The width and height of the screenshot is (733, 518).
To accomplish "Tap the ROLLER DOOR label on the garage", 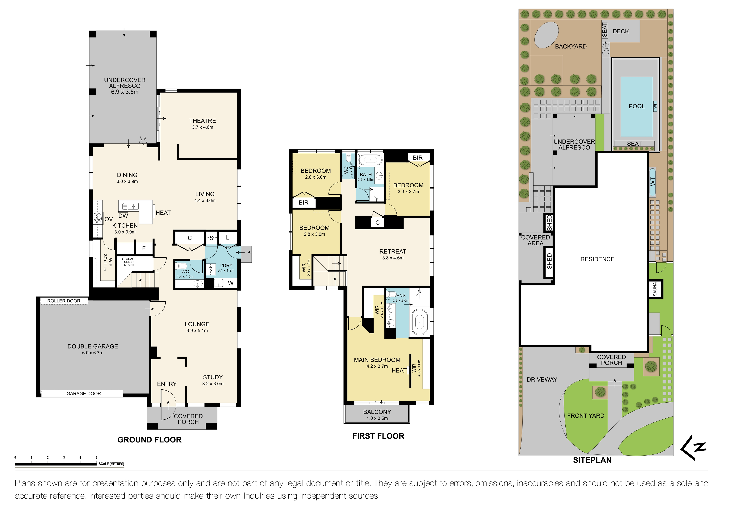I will tap(64, 301).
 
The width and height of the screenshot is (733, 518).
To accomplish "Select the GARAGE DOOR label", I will tap(84, 394).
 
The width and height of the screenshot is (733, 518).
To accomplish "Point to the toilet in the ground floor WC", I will tap(182, 266).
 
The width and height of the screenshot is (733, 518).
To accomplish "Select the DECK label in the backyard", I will tap(620, 31).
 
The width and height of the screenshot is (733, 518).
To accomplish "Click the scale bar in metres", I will tap(56, 464).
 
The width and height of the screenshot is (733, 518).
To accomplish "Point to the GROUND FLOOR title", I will tap(149, 440).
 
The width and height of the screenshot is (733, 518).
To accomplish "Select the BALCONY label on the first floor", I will tap(377, 412).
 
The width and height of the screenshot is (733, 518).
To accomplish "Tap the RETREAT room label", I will tap(393, 251).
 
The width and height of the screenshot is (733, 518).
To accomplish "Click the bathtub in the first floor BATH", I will tap(370, 160).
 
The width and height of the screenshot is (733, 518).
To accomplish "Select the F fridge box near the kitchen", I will tap(144, 248).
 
